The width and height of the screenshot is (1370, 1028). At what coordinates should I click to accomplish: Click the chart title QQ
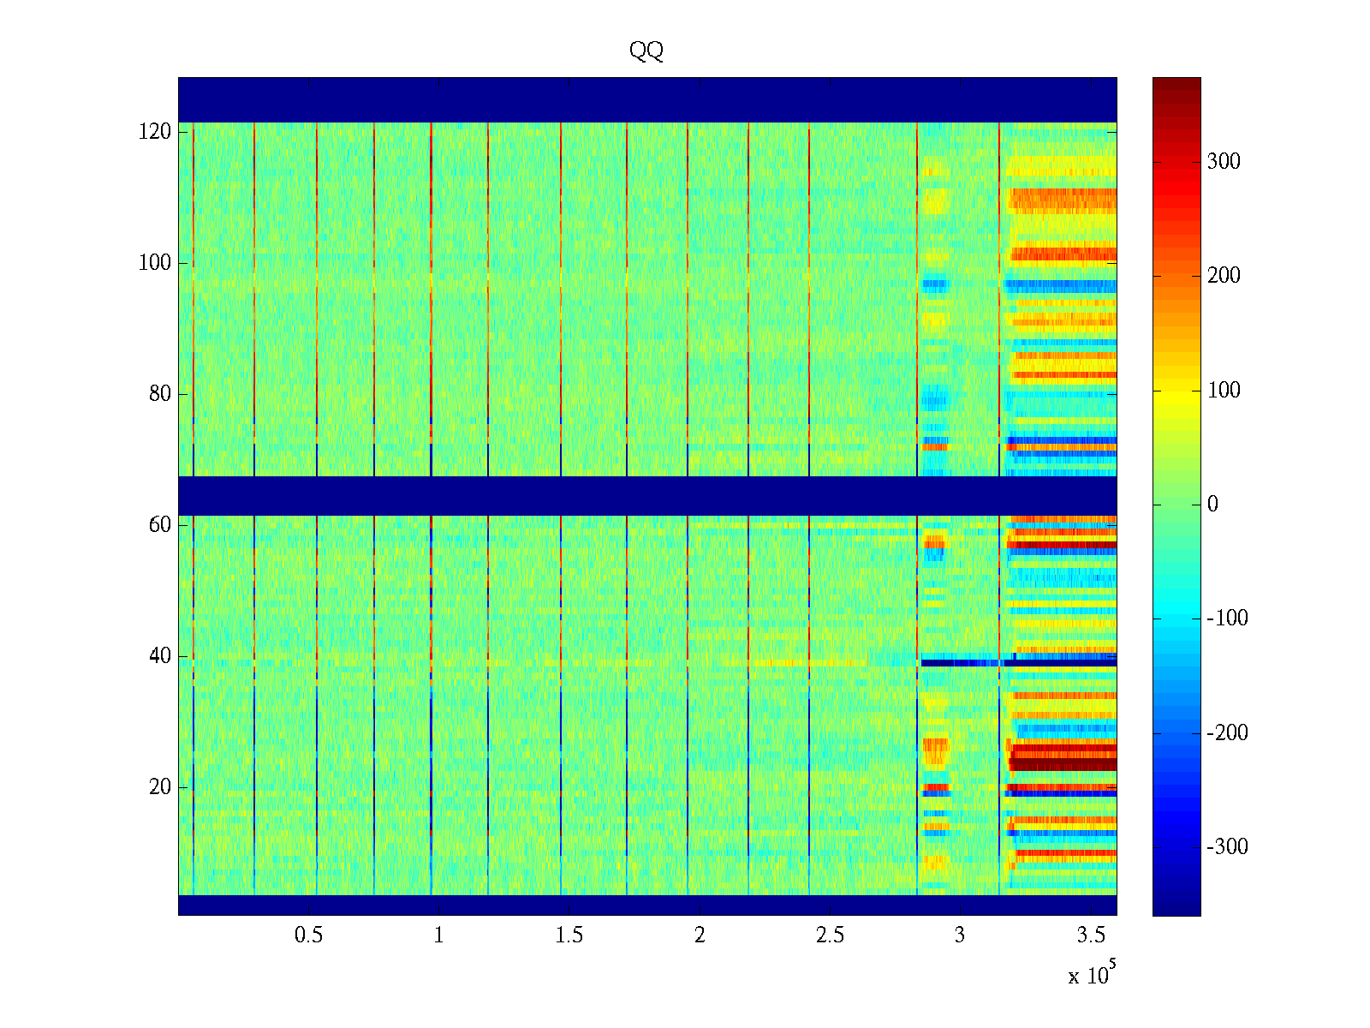pos(646,51)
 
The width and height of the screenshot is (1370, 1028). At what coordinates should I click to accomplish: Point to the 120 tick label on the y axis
pos(154,132)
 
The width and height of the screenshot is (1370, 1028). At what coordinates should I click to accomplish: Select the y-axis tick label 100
pos(154,263)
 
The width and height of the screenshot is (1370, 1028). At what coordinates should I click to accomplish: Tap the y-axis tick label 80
pos(160,394)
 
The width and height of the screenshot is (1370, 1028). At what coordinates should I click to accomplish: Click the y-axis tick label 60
pos(160,525)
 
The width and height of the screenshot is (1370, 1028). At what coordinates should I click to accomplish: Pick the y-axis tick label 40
pos(160,656)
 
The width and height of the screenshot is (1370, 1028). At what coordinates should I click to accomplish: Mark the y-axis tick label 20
pos(160,787)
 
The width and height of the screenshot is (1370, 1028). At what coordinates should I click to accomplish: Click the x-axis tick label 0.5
pos(308,935)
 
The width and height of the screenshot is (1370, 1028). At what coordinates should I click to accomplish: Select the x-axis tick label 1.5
pos(569,935)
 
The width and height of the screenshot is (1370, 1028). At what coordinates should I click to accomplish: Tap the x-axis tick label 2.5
pos(830,935)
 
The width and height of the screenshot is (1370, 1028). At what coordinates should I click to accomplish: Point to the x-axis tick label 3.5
pos(1091,935)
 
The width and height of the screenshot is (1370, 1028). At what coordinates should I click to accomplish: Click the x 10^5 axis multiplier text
pos(1091,975)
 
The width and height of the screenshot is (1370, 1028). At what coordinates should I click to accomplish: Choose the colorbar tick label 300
pos(1224,162)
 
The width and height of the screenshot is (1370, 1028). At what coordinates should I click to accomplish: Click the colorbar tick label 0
pos(1212,505)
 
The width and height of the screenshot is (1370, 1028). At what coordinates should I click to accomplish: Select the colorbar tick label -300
pos(1227,847)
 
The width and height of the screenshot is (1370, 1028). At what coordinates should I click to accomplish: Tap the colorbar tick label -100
pos(1227,619)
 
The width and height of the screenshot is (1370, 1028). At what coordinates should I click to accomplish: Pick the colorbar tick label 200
pos(1224,276)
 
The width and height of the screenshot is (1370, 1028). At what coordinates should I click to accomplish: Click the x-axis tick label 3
pos(960,935)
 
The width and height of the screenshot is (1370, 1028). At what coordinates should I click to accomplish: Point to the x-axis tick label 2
pos(700,935)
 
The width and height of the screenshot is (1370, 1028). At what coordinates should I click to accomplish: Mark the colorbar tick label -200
pos(1227,733)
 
